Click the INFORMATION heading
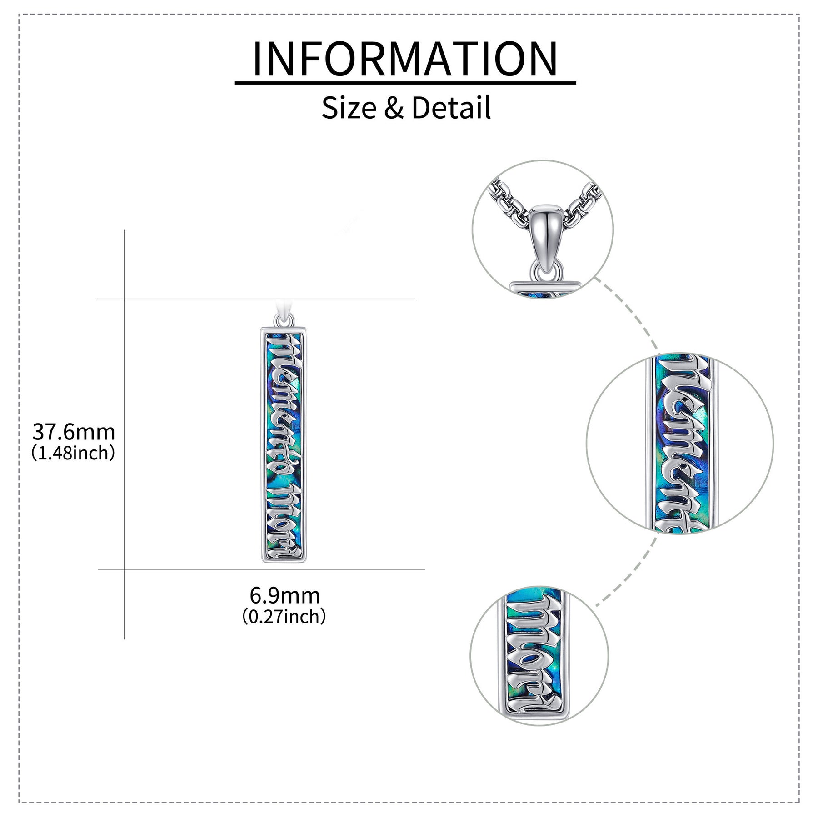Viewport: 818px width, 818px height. point(405,59)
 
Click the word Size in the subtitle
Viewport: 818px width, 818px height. point(349,108)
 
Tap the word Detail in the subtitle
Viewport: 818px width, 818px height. point(451,108)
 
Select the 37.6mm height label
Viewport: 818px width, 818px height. point(74,432)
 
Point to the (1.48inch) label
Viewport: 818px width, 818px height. point(73,454)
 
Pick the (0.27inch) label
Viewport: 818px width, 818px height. point(284,617)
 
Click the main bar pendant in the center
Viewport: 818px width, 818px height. point(284,444)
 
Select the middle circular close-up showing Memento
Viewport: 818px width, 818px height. point(680,444)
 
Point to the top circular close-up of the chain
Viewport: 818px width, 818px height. point(543,230)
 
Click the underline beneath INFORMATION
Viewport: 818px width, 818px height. point(405,83)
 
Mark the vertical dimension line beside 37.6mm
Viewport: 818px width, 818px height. point(125,434)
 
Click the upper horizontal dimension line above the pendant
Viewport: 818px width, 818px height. point(255,299)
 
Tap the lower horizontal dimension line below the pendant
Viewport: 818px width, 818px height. point(262,570)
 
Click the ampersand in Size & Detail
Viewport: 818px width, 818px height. point(394,109)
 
